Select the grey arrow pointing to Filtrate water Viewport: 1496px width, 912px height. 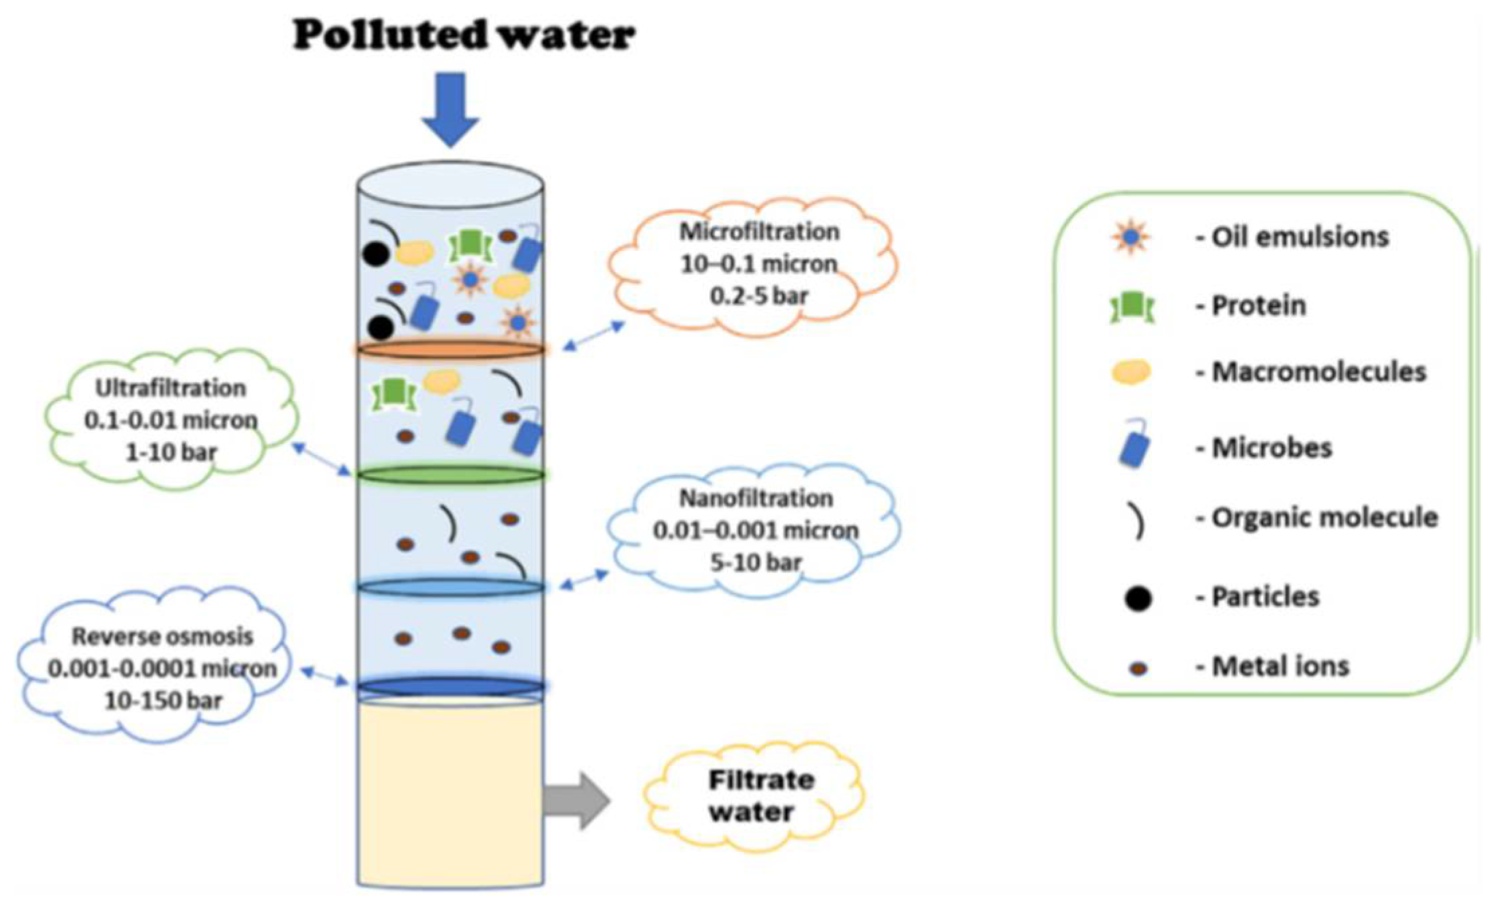576,801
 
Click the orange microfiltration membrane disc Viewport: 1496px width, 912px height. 450,349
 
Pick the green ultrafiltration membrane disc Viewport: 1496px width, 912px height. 450,475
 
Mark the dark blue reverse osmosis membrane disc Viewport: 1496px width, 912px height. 450,686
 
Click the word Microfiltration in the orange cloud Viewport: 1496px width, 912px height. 759,231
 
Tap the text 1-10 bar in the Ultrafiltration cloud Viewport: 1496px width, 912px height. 171,453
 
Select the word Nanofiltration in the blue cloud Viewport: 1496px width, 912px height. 756,498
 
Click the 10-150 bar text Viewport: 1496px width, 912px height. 163,701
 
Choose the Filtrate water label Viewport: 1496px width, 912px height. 752,796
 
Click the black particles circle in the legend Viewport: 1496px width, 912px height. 1137,597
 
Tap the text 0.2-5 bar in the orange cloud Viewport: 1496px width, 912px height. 758,295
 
